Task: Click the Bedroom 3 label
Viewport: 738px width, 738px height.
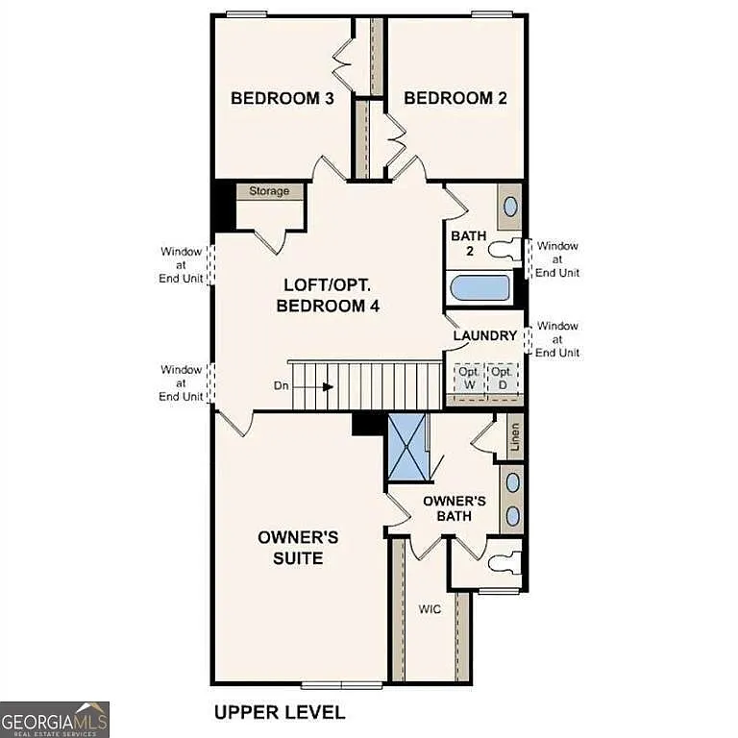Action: pyautogui.click(x=282, y=98)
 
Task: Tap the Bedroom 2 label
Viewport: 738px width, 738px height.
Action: pyautogui.click(x=455, y=98)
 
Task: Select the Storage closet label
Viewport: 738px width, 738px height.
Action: pyautogui.click(x=269, y=191)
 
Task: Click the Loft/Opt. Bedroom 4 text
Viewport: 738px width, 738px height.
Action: pyautogui.click(x=328, y=296)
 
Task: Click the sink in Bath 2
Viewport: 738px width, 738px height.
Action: pyautogui.click(x=510, y=206)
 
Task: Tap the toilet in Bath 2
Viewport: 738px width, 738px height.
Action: pyautogui.click(x=504, y=250)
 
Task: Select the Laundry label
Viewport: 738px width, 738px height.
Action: pyautogui.click(x=485, y=335)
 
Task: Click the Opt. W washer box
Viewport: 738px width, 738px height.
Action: pyautogui.click(x=469, y=377)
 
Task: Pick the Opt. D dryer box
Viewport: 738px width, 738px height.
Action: pyautogui.click(x=502, y=377)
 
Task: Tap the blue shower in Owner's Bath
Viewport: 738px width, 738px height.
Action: pyautogui.click(x=408, y=446)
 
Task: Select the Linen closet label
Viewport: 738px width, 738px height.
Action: pyautogui.click(x=515, y=437)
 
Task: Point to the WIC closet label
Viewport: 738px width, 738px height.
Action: pyautogui.click(x=429, y=609)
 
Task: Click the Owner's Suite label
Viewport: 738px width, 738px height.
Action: pyautogui.click(x=297, y=548)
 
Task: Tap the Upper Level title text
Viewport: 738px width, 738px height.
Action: pyautogui.click(x=279, y=712)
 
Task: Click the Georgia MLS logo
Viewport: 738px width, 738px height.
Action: pyautogui.click(x=55, y=719)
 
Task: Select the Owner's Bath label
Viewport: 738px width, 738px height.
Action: pyautogui.click(x=455, y=508)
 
